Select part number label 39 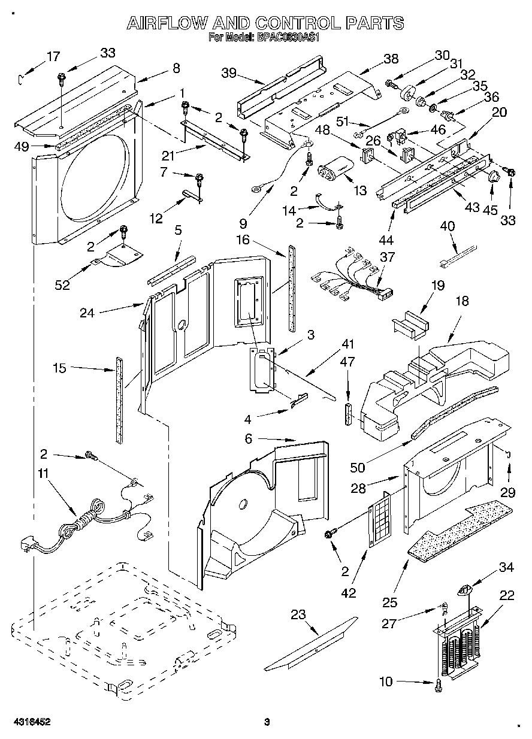click(228, 73)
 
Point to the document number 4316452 click(29, 722)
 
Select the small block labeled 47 click(347, 414)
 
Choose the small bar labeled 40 click(458, 253)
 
